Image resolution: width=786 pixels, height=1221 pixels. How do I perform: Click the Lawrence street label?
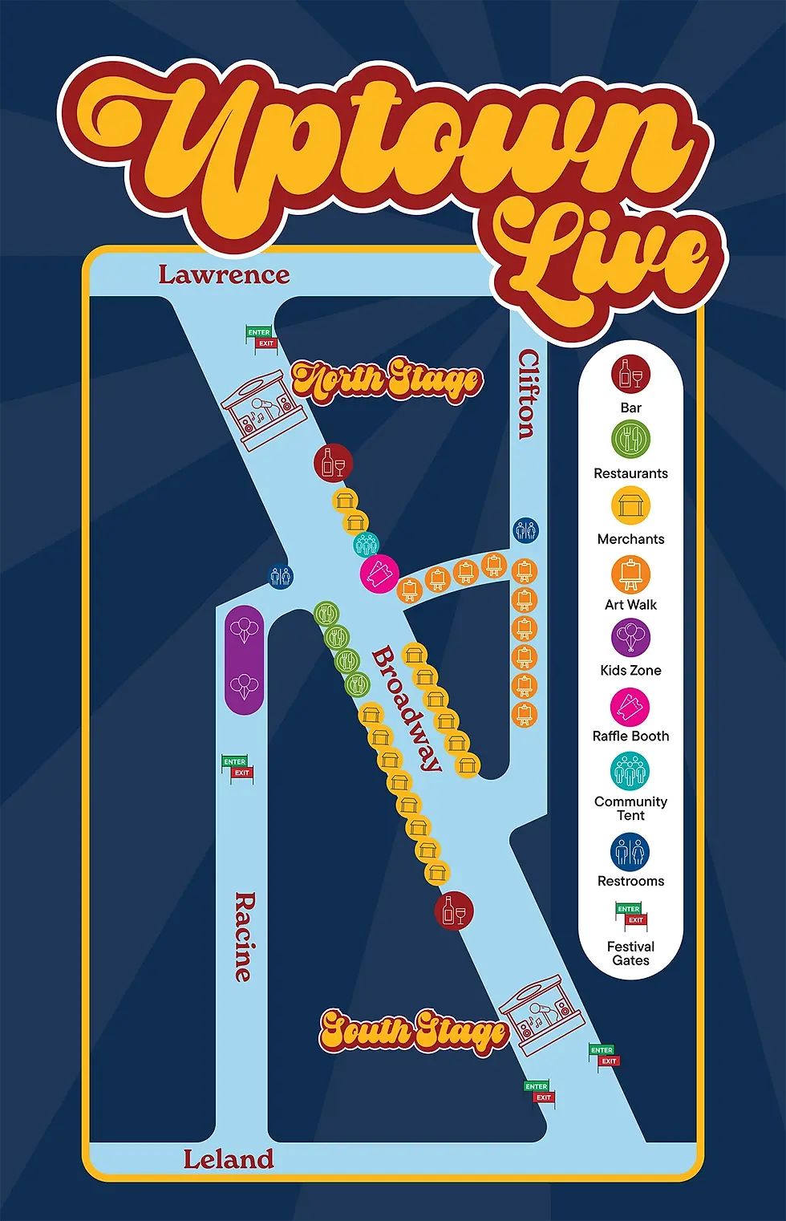[223, 275]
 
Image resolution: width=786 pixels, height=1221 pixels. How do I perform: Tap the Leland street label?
[228, 1159]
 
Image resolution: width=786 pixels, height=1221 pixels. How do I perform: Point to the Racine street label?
[244, 936]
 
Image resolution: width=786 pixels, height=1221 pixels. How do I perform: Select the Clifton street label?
[527, 393]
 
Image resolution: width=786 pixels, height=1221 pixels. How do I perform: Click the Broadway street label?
[407, 708]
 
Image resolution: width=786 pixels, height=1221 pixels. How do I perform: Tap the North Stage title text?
[387, 380]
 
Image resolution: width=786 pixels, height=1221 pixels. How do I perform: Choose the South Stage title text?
[414, 1030]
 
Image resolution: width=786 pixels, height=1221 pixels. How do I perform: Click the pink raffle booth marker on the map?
[379, 574]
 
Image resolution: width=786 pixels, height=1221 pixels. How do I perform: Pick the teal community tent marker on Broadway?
[366, 544]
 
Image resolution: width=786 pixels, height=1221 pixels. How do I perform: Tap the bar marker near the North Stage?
[333, 463]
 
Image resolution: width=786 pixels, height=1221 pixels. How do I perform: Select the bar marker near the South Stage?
[454, 911]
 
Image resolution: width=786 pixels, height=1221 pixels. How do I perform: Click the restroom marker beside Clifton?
[525, 530]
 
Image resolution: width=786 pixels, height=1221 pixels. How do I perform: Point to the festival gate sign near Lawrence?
[260, 338]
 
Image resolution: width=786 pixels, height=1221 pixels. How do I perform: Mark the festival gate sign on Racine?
[237, 767]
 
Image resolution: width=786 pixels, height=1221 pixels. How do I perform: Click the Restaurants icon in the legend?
[630, 440]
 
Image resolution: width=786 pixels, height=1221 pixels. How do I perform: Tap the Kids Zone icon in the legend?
[630, 639]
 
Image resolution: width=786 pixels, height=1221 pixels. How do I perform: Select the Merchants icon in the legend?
[630, 506]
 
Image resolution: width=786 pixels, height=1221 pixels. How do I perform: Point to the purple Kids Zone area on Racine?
[245, 659]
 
